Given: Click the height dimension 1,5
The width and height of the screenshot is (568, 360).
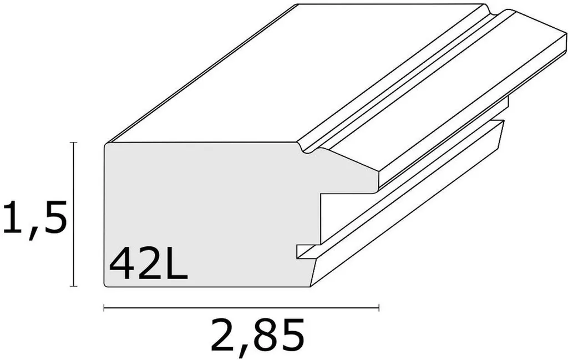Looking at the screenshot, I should [x=35, y=218].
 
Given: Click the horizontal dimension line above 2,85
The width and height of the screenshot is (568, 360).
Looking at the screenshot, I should [x=241, y=306].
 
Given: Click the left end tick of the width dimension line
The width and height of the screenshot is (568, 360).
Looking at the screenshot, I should [x=104, y=306].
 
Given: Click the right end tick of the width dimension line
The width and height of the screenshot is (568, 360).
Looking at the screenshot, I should [x=378, y=306].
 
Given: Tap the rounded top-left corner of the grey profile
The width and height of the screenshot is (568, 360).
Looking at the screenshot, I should [x=107, y=145].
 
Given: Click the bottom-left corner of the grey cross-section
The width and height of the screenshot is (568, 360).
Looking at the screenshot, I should [x=106, y=285].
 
